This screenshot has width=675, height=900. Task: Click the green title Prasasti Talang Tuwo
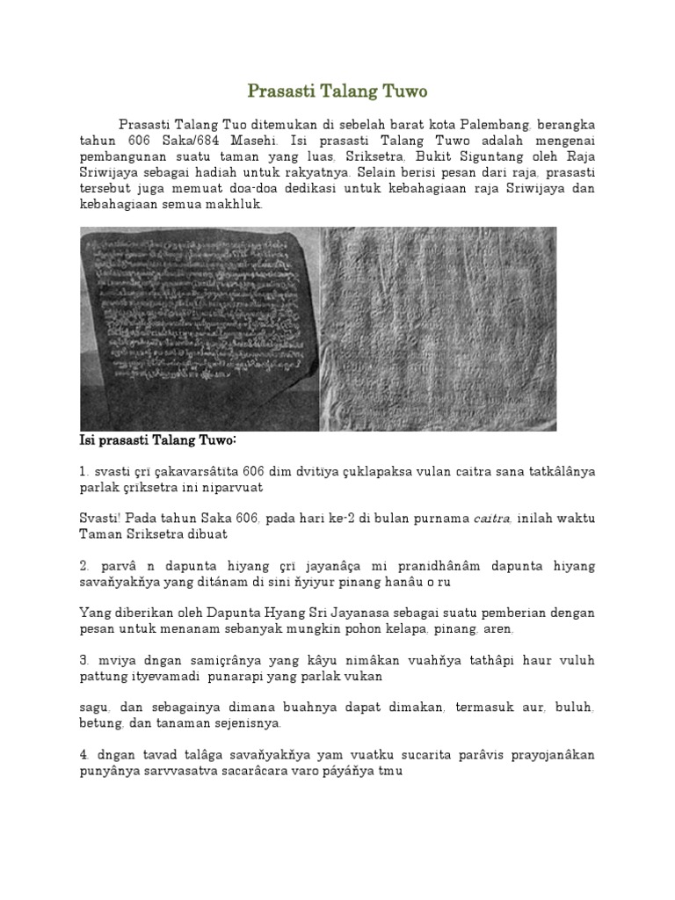pyautogui.click(x=337, y=91)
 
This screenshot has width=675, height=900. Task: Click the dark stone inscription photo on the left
pyautogui.click(x=199, y=329)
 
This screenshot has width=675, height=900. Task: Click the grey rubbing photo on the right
pyautogui.click(x=437, y=329)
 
